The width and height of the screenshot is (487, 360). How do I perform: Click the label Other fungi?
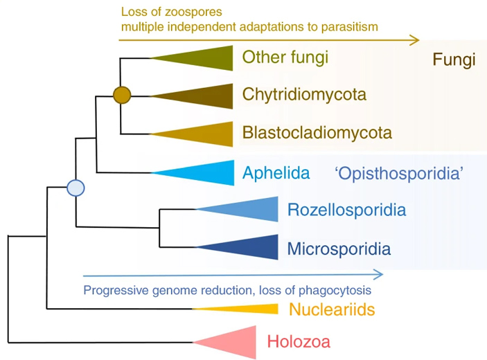tap(285, 57)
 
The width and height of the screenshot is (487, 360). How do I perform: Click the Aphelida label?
tap(276, 172)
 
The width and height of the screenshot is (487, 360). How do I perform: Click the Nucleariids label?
tap(332, 309)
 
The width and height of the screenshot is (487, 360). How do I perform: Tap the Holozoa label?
tap(299, 341)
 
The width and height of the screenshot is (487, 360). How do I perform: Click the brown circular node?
tap(121, 95)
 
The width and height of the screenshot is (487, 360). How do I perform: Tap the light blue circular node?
tap(75, 188)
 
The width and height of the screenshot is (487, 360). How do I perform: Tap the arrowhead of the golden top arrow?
tap(414, 41)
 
